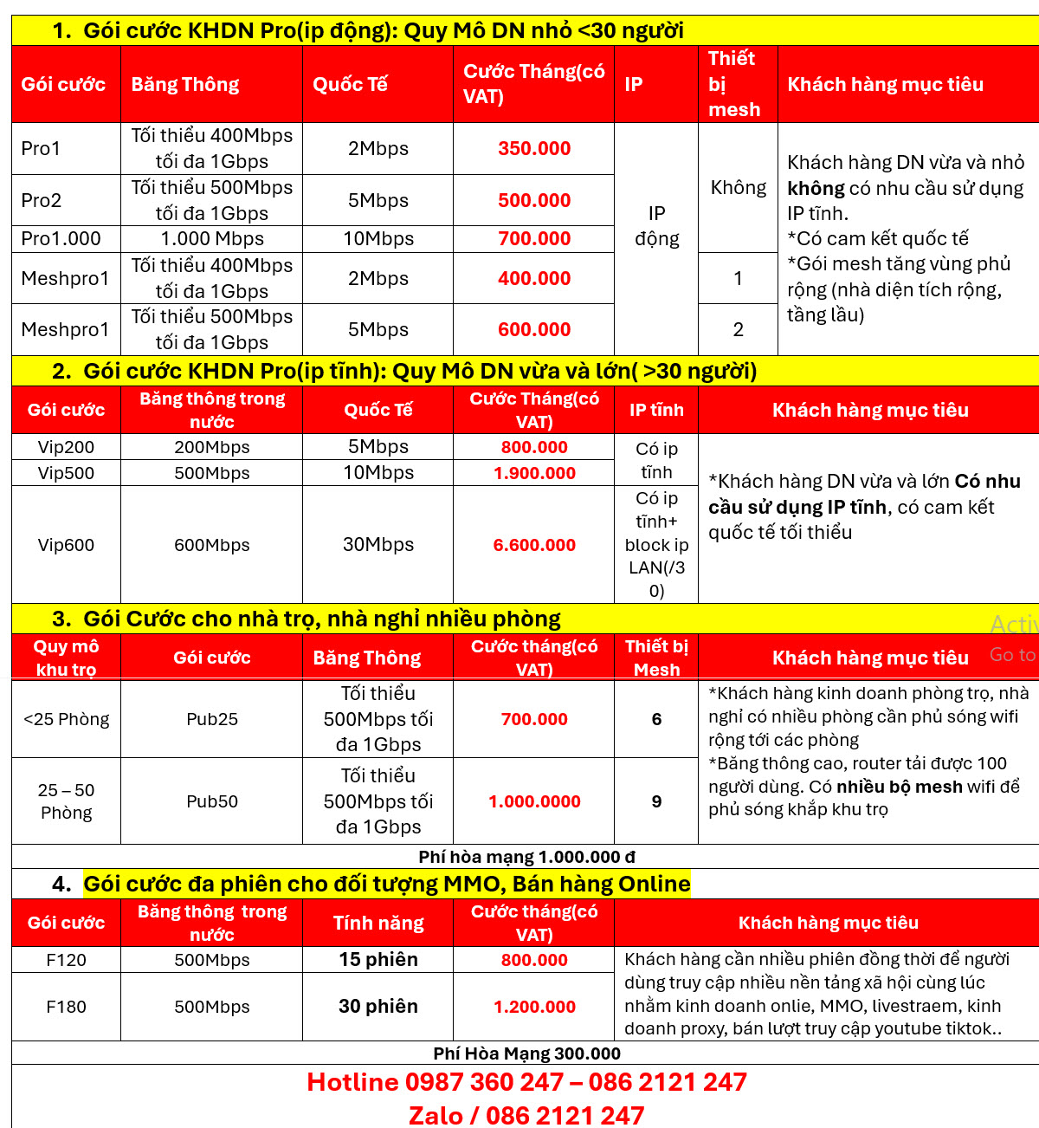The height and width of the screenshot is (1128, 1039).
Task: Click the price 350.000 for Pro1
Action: pyautogui.click(x=534, y=148)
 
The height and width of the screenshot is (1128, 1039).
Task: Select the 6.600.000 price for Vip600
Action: pyautogui.click(x=534, y=545)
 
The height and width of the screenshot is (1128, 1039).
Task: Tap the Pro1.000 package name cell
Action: pyautogui.click(x=61, y=238)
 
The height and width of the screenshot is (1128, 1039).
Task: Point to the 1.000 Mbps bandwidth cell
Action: pyautogui.click(x=212, y=238)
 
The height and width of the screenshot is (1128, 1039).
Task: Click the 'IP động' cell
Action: pyautogui.click(x=656, y=226)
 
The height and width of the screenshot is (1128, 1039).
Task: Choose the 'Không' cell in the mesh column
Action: pyautogui.click(x=738, y=187)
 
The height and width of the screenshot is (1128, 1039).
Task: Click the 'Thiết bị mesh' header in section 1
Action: pyautogui.click(x=734, y=84)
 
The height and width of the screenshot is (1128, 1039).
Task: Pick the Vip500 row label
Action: pyautogui.click(x=66, y=473)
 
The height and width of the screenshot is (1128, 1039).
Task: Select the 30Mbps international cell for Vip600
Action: pyautogui.click(x=378, y=545)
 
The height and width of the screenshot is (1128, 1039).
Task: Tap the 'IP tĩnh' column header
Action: pyautogui.click(x=656, y=410)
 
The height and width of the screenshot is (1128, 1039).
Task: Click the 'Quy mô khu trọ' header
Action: pyautogui.click(x=66, y=658)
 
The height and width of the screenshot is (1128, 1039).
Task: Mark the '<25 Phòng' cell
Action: pyautogui.click(x=66, y=719)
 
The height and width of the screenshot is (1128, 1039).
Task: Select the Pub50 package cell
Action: pyautogui.click(x=212, y=801)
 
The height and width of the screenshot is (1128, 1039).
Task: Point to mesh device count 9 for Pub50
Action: pyautogui.click(x=656, y=801)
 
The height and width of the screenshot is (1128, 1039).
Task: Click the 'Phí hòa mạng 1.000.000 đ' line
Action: pyautogui.click(x=526, y=857)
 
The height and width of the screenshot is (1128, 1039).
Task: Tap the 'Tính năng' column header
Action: pyautogui.click(x=378, y=923)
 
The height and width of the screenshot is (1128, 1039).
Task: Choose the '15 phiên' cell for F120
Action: pyautogui.click(x=378, y=960)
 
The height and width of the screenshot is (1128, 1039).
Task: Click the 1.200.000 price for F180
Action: pyautogui.click(x=534, y=1007)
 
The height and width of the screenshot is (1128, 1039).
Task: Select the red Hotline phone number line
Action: pyautogui.click(x=526, y=1082)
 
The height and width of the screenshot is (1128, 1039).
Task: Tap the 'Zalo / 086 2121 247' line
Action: pyautogui.click(x=526, y=1115)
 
